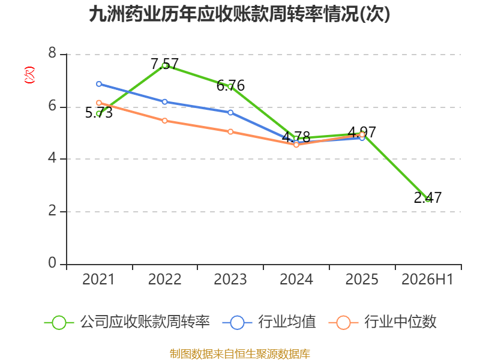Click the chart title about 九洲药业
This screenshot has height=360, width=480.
click(239, 14)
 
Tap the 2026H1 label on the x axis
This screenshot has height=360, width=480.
click(427, 280)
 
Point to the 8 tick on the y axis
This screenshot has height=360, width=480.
click(52, 53)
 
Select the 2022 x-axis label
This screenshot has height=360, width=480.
click(164, 280)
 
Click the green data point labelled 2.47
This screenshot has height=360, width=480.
click(428, 199)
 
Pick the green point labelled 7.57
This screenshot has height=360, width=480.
click(164, 65)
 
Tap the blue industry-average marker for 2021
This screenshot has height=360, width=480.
click(99, 84)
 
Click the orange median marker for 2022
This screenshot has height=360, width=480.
click(164, 121)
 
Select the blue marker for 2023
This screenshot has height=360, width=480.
click(230, 112)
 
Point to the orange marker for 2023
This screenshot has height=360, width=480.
click(230, 131)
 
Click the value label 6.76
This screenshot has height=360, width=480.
click(230, 86)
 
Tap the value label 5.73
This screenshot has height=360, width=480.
click(99, 113)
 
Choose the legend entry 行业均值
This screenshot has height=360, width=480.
click(269, 322)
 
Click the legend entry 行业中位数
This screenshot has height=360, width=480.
click(383, 322)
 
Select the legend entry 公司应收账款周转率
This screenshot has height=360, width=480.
click(127, 322)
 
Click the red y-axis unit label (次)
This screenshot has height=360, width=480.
click(29, 74)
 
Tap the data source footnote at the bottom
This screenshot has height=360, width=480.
click(239, 354)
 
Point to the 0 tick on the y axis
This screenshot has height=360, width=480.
click(52, 263)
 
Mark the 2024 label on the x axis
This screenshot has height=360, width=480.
click(296, 280)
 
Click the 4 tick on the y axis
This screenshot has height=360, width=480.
click(52, 158)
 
